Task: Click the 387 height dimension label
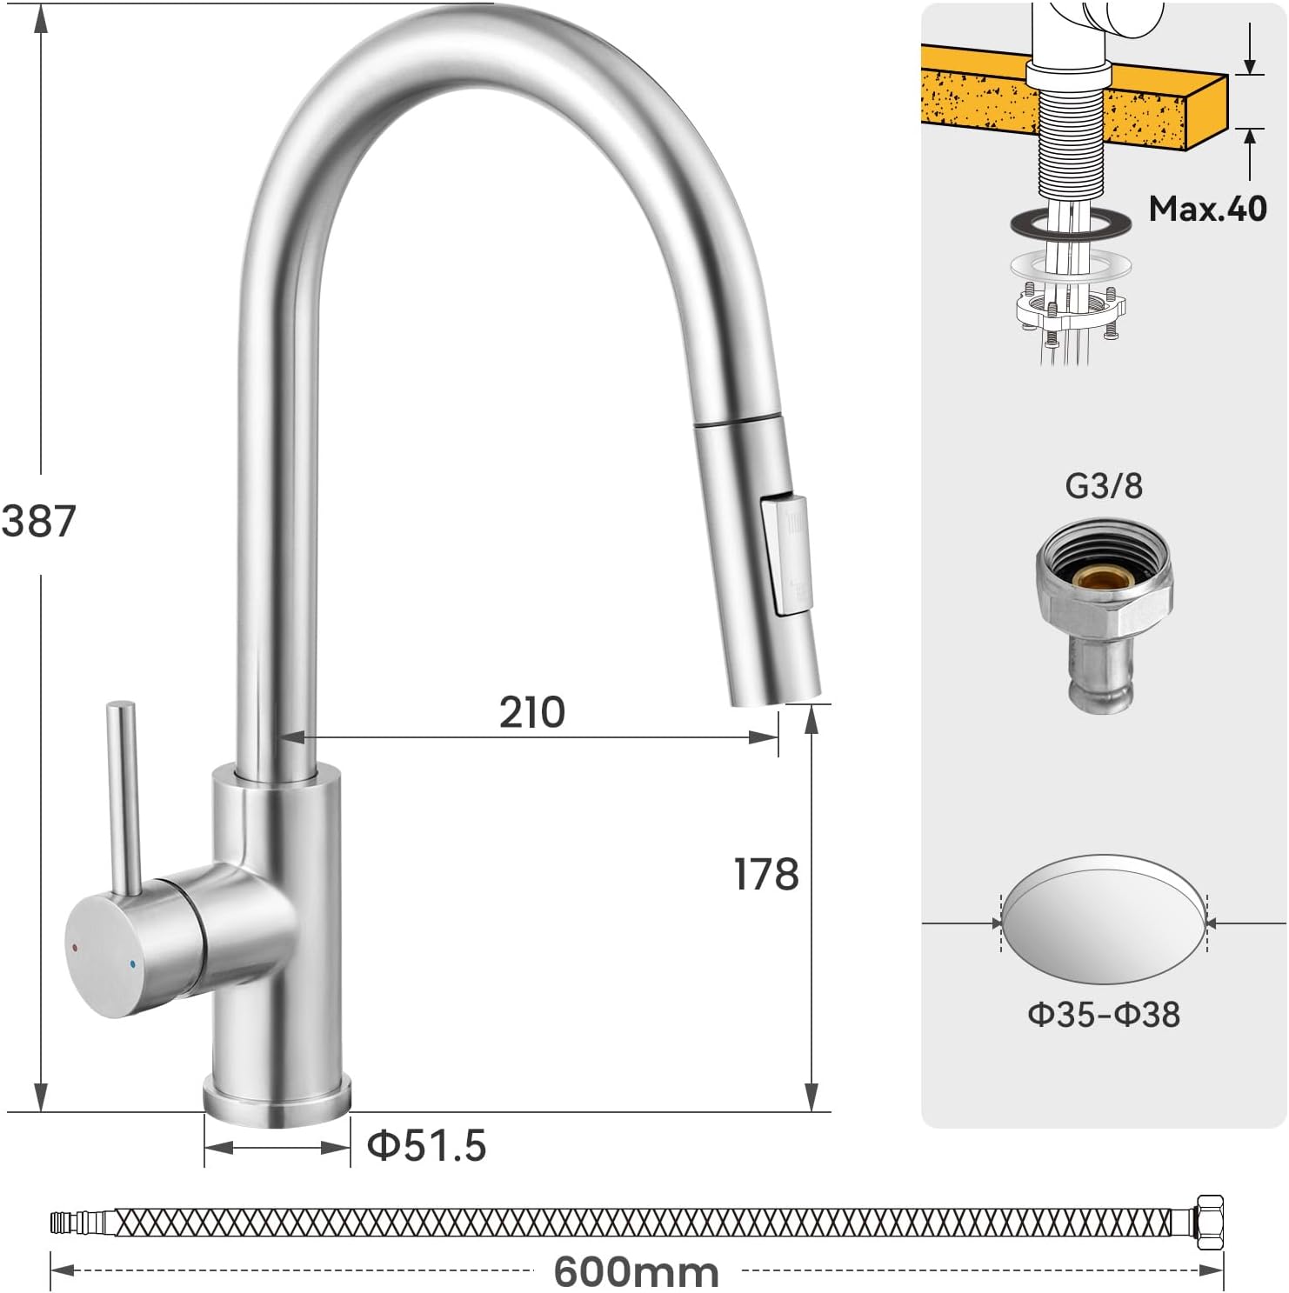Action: click(x=39, y=521)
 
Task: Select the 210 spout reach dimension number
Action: click(x=532, y=712)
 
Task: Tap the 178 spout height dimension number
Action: click(x=766, y=874)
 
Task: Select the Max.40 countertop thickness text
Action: click(x=1208, y=209)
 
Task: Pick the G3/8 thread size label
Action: click(x=1104, y=485)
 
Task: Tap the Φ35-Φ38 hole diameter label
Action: click(x=1104, y=1014)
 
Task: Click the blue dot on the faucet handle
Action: click(x=131, y=963)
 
